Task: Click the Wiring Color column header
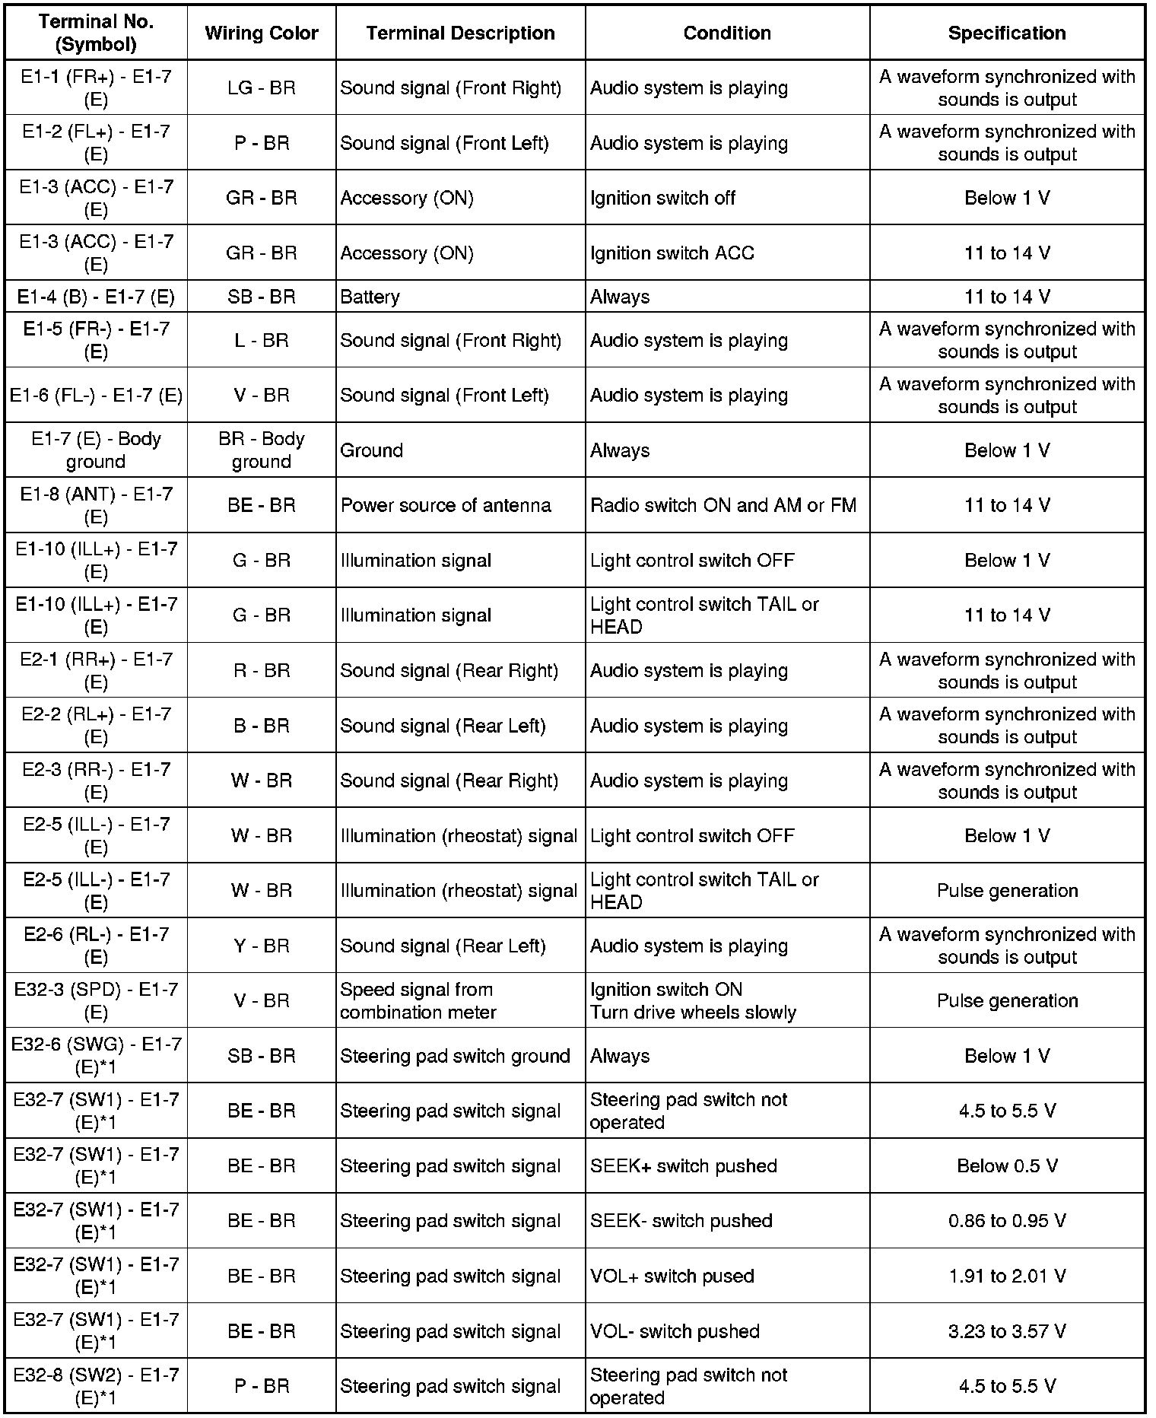pos(262,33)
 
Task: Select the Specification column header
pos(1006,33)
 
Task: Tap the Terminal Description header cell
pos(460,33)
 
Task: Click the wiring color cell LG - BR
pos(262,88)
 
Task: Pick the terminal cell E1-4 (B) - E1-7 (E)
pos(96,297)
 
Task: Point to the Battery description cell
pos(370,297)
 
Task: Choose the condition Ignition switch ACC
pos(672,253)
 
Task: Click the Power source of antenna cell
pos(446,505)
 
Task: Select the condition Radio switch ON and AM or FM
pos(722,505)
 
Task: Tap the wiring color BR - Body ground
pos(262,450)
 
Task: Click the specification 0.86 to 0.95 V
pos(1007,1221)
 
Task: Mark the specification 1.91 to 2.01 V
pos(1007,1276)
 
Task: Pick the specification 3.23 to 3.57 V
pos(1007,1331)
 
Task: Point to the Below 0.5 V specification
pos(1007,1166)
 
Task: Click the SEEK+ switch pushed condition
pos(683,1166)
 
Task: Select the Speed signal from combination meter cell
pos(418,1001)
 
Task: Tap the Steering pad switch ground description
pos(455,1056)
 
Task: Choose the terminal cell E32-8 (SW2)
pos(96,1386)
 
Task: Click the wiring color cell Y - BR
pos(262,946)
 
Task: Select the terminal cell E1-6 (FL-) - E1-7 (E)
pos(96,396)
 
